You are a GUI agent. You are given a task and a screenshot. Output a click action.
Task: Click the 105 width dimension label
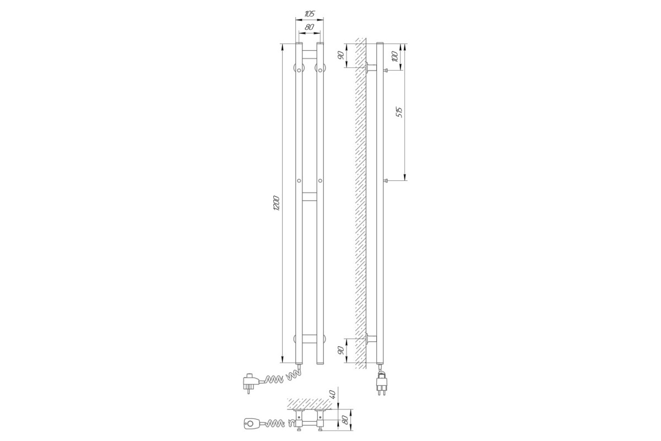310,14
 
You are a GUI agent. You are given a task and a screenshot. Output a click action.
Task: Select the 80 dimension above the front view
309,28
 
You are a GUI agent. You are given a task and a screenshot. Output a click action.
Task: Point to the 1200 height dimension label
277,203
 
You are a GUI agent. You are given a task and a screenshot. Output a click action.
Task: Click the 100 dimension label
395,56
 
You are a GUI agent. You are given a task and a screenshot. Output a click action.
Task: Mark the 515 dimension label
399,112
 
